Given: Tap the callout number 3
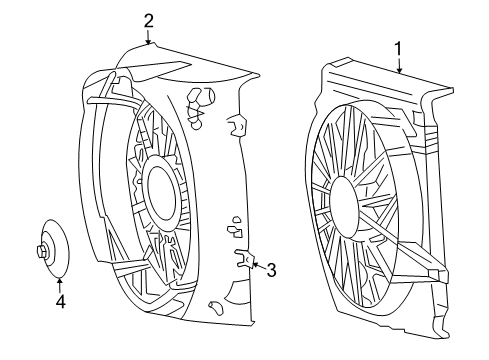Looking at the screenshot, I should [x=269, y=267].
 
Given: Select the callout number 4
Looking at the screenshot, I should [x=59, y=300].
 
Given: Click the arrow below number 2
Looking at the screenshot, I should [x=148, y=38].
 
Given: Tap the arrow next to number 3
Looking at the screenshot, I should [x=254, y=265].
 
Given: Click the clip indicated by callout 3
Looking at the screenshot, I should [x=242, y=262].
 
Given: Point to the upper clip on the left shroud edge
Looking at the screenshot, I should [x=237, y=125].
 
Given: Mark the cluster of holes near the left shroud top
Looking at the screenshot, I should [x=200, y=103].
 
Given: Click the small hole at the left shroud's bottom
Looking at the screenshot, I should [x=214, y=307].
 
